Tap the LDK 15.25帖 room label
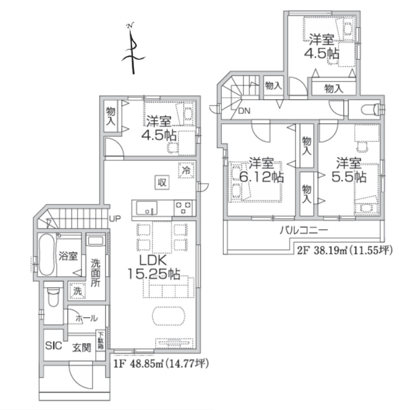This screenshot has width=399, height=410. (x=154, y=267)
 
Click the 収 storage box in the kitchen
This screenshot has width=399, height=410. (x=162, y=183)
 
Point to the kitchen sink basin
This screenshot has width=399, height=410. (x=147, y=208)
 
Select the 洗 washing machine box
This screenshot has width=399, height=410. (x=78, y=291)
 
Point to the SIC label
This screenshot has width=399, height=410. (x=54, y=346)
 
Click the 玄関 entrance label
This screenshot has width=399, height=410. (x=82, y=348)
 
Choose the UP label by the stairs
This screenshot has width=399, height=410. (x=115, y=219)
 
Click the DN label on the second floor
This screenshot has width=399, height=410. (x=244, y=111)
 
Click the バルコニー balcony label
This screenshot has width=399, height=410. (x=304, y=230)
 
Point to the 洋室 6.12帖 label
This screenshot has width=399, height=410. (x=262, y=170)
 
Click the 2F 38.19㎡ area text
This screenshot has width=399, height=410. (x=345, y=250)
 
